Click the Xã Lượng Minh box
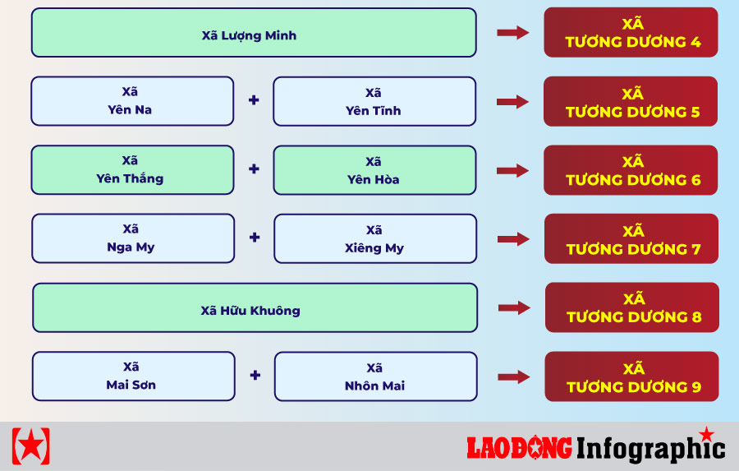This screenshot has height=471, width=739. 254,33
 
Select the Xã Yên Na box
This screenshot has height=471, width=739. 132,101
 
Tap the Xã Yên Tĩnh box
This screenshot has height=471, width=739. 374,101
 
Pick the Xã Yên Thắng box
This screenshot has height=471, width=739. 132,170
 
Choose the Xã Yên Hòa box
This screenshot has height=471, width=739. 374,170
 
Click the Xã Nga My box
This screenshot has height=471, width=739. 133,238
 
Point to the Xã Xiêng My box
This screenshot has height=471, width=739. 375,239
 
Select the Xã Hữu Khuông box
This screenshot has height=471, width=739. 255,307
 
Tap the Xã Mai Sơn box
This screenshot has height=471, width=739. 133,376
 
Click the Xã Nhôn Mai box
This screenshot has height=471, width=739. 375,376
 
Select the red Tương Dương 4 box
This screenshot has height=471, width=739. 631,32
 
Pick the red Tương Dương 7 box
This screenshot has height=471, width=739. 631,238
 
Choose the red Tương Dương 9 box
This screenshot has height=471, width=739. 631,376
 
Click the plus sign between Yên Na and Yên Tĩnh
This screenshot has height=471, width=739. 254,100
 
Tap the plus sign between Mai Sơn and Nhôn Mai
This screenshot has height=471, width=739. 255,375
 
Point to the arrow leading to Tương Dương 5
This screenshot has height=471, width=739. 512,101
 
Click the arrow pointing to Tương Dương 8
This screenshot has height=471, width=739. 514,307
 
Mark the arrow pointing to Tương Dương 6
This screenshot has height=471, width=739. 512,170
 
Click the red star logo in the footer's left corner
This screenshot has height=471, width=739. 30,446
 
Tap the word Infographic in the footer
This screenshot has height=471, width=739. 651,448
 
